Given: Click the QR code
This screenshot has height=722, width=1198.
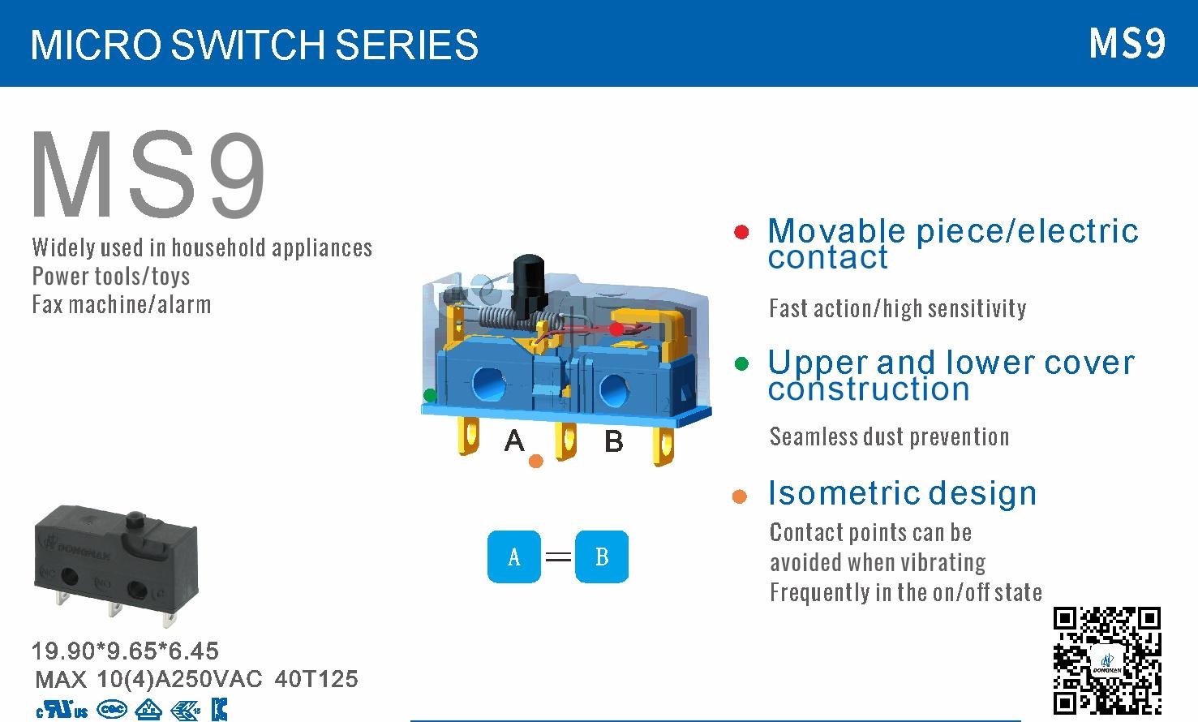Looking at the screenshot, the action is pos(1106,660).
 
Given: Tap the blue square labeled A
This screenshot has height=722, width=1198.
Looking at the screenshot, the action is pos(514,557).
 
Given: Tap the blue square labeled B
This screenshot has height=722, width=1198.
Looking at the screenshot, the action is pos(602,557).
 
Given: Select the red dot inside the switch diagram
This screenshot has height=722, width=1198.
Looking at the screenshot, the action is pos(616,329).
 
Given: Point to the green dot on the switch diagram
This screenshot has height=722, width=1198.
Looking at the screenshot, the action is pos(430,395).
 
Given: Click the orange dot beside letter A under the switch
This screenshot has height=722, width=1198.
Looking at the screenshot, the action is pos(536,461).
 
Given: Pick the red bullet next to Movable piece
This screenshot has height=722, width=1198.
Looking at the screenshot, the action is pos(741,232).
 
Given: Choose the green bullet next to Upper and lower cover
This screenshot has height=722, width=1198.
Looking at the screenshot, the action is pos(742,364).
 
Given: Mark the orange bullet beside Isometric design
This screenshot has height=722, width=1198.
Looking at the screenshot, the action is pos(740,496).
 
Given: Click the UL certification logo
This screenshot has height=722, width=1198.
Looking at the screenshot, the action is pos(62,710).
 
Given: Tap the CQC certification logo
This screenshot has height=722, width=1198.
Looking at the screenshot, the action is pos(112,710).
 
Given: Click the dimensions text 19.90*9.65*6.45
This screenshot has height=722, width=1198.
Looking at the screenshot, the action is pos(125,651).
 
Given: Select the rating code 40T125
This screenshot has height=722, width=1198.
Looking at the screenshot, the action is pos(316,679).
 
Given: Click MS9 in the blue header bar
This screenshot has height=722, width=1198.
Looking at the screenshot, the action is pos(1127,43).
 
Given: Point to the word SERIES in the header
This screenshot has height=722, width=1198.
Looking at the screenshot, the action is pos(407,45).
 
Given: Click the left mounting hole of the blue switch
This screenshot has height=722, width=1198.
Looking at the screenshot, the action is pos(489,384).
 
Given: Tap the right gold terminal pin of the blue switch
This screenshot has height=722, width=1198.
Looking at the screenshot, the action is pos(663,445).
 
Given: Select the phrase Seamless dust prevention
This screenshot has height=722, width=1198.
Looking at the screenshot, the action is pos(890,437).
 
